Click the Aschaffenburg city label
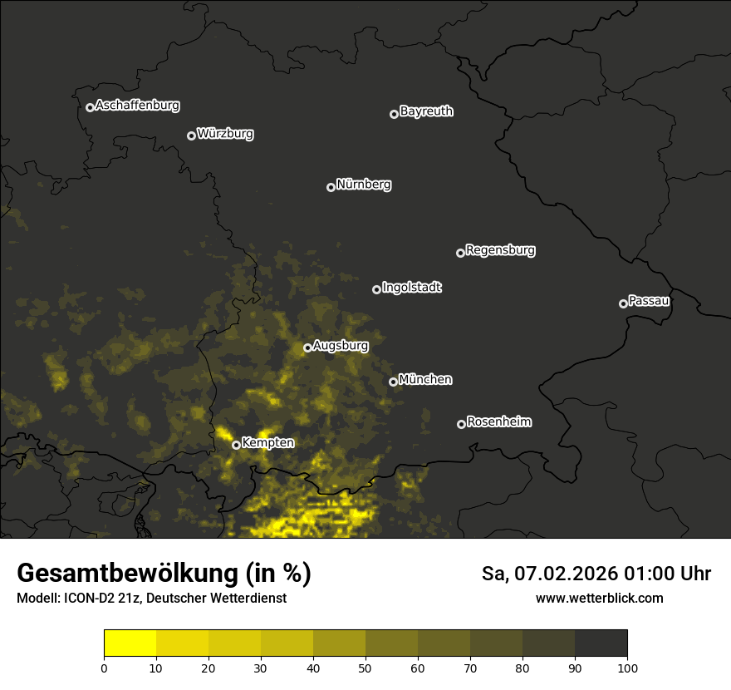pos(137,106)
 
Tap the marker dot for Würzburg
pos(191,136)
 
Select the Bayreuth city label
pos(426,111)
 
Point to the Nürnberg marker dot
pos(331,187)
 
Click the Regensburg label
pos(500,250)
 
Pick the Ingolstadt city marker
pos(376,289)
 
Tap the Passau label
pos(649,301)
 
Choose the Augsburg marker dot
pos(307,347)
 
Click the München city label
pos(425,380)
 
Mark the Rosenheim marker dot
pos(461,425)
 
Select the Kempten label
pos(267,443)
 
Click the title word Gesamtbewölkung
pos(128,574)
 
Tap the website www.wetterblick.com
pos(599,599)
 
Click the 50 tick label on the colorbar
pos(365,668)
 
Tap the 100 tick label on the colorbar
pos(627,668)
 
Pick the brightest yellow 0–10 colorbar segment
pos(130,643)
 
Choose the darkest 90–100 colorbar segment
pos(601,643)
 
